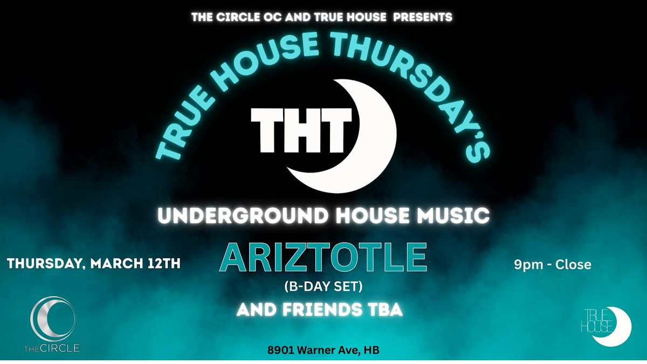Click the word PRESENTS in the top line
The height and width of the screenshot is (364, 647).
(423, 17)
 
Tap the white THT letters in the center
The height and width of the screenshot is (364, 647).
(301, 131)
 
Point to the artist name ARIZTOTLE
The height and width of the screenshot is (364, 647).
(323, 257)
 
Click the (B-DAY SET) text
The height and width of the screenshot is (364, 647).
(323, 286)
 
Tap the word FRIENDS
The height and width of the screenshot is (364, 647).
(322, 310)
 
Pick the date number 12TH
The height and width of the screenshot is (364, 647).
(163, 264)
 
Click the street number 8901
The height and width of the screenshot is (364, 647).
(280, 350)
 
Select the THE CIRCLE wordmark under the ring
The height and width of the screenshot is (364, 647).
(52, 348)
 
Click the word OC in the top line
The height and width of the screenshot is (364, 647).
(273, 17)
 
